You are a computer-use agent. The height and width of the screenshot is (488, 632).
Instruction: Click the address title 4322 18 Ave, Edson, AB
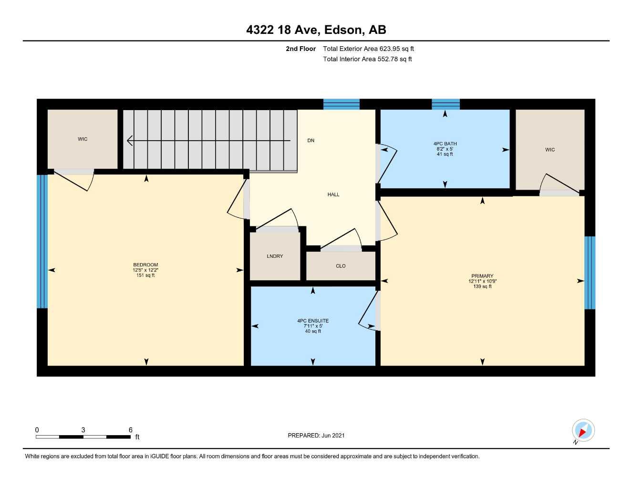[x=316, y=30]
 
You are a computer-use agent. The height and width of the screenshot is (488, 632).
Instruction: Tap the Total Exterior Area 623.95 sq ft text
[x=368, y=49]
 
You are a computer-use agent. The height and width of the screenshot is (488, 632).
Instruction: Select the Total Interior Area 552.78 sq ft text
[x=367, y=59]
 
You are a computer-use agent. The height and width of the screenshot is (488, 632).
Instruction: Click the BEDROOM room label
[x=145, y=265]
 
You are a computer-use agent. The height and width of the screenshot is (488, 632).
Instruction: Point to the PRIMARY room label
[x=482, y=276]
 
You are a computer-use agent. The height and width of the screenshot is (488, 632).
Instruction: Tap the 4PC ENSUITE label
[x=313, y=321]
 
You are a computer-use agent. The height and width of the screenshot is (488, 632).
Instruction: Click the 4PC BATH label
[x=445, y=143]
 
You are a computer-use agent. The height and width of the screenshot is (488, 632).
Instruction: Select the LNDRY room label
[x=275, y=256]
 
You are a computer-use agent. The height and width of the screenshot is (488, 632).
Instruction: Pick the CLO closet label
[x=341, y=266]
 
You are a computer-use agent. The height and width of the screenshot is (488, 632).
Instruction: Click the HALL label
[x=333, y=194]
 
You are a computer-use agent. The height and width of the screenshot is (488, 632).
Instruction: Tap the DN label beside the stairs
[x=311, y=141]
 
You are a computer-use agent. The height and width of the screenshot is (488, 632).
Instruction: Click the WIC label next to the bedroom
[x=83, y=139]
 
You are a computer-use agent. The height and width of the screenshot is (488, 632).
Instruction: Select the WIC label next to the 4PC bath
[x=550, y=150]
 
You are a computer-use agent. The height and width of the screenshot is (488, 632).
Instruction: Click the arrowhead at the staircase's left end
[x=129, y=141]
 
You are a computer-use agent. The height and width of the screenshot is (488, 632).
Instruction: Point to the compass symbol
[x=582, y=431]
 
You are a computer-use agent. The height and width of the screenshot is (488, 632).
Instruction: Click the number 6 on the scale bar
[x=130, y=430]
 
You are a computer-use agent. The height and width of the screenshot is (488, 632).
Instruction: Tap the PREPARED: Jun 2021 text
[x=316, y=436]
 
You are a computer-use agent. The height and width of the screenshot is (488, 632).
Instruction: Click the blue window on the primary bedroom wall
[x=590, y=273]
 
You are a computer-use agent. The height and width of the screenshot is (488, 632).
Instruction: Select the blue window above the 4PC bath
[x=446, y=104]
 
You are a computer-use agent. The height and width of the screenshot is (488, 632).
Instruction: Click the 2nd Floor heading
[x=300, y=49]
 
